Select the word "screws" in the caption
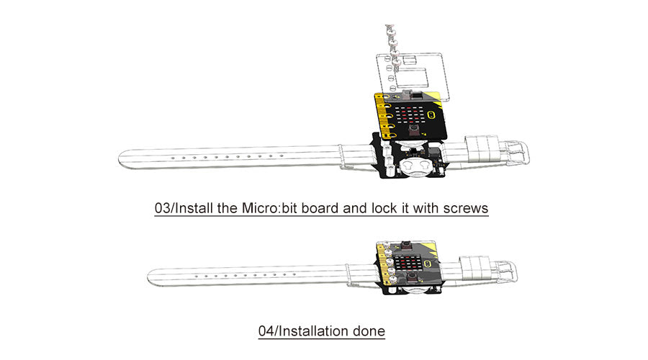pyautogui.click(x=466, y=208)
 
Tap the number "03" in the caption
pyautogui.click(x=163, y=208)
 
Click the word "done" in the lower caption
pyautogui.click(x=369, y=331)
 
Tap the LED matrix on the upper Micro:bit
pyautogui.click(x=409, y=116)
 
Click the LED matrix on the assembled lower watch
pyautogui.click(x=408, y=264)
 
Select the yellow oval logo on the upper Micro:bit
pyautogui.click(x=432, y=114)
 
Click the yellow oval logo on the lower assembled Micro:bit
pyautogui.click(x=429, y=264)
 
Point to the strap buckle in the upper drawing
pyautogui.click(x=515, y=152)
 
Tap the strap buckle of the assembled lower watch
pyautogui.click(x=504, y=271)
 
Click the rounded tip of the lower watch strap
pyautogui.click(x=152, y=277)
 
